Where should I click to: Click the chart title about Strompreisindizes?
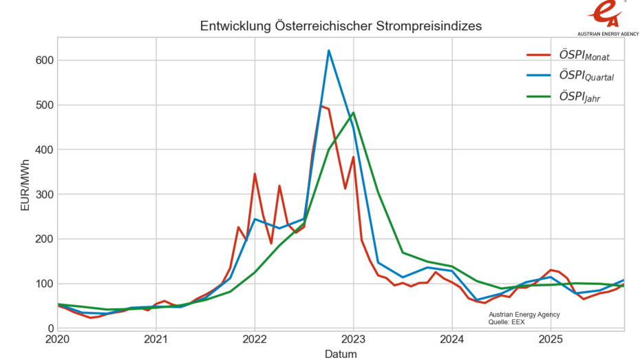(x=341, y=26)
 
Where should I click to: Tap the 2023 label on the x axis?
(x=353, y=339)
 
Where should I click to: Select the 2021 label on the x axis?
(x=156, y=339)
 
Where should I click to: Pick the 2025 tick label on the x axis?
(x=551, y=339)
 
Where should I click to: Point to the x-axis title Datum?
(x=341, y=354)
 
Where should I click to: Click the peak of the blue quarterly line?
(x=329, y=50)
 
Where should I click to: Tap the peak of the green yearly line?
(x=353, y=113)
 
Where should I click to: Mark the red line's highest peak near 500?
(x=321, y=106)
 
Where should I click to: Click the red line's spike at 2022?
(x=255, y=174)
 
